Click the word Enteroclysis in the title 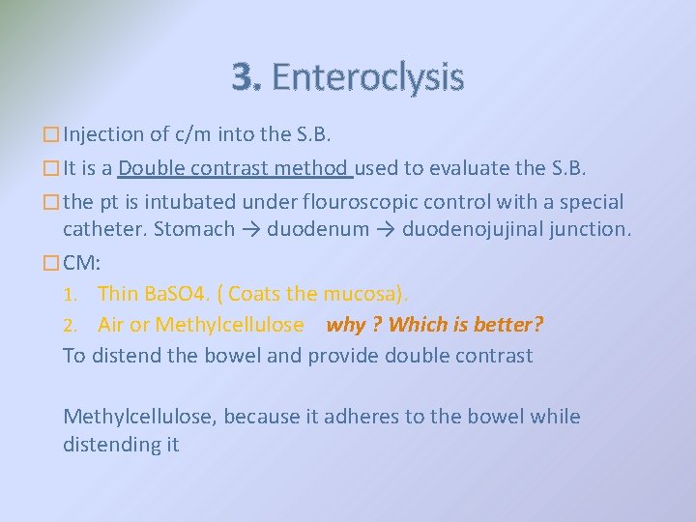[x=367, y=76]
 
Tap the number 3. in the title [x=246, y=76]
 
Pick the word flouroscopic [x=361, y=202]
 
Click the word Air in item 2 [x=111, y=325]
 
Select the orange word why [x=345, y=325]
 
